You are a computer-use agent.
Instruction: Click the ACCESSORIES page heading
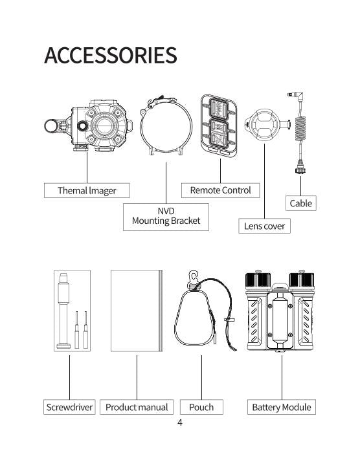[111, 55]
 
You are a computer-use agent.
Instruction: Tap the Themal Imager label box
[87, 190]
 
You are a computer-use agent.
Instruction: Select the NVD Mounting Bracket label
[166, 217]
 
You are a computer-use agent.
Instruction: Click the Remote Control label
[221, 190]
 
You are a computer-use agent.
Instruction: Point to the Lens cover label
[264, 226]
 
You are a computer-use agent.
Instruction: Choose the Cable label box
[300, 203]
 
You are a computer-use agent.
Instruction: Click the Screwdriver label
[69, 407]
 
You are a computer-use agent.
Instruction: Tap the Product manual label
[137, 407]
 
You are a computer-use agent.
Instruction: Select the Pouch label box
[201, 407]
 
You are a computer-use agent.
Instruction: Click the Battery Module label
[282, 407]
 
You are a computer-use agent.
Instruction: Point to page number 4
[180, 423]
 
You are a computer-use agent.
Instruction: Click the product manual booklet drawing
[137, 311]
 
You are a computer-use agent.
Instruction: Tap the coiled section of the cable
[300, 129]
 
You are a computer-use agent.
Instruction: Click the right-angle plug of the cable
[297, 96]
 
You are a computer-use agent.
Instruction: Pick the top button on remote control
[218, 109]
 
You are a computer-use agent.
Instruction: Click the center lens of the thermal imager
[104, 126]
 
